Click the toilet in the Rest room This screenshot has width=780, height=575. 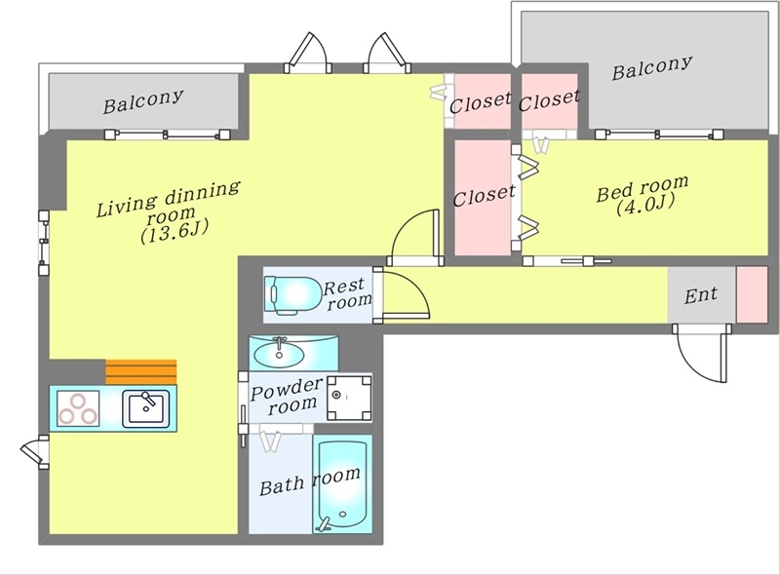pos(292,295)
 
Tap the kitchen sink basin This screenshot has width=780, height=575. pos(146,408)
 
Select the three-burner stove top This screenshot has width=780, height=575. pos(78,408)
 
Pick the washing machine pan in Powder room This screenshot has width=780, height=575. pos(349,398)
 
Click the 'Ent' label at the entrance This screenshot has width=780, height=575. pos(700,295)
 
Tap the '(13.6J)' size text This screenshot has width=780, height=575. pos(175,232)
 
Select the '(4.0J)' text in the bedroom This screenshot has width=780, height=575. pos(645,205)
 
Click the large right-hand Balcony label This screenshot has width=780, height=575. pos(651,67)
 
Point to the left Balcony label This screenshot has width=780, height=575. pos(143,101)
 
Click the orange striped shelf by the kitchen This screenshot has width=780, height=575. pos(141,372)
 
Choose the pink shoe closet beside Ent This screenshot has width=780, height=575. pos(752,294)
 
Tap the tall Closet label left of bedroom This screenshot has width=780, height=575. pos(484,195)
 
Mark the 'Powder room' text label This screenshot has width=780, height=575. pos(287,396)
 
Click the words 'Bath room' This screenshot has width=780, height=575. pos(310,481)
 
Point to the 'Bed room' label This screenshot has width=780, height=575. pos(643,187)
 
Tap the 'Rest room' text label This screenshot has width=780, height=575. pos(347,293)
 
